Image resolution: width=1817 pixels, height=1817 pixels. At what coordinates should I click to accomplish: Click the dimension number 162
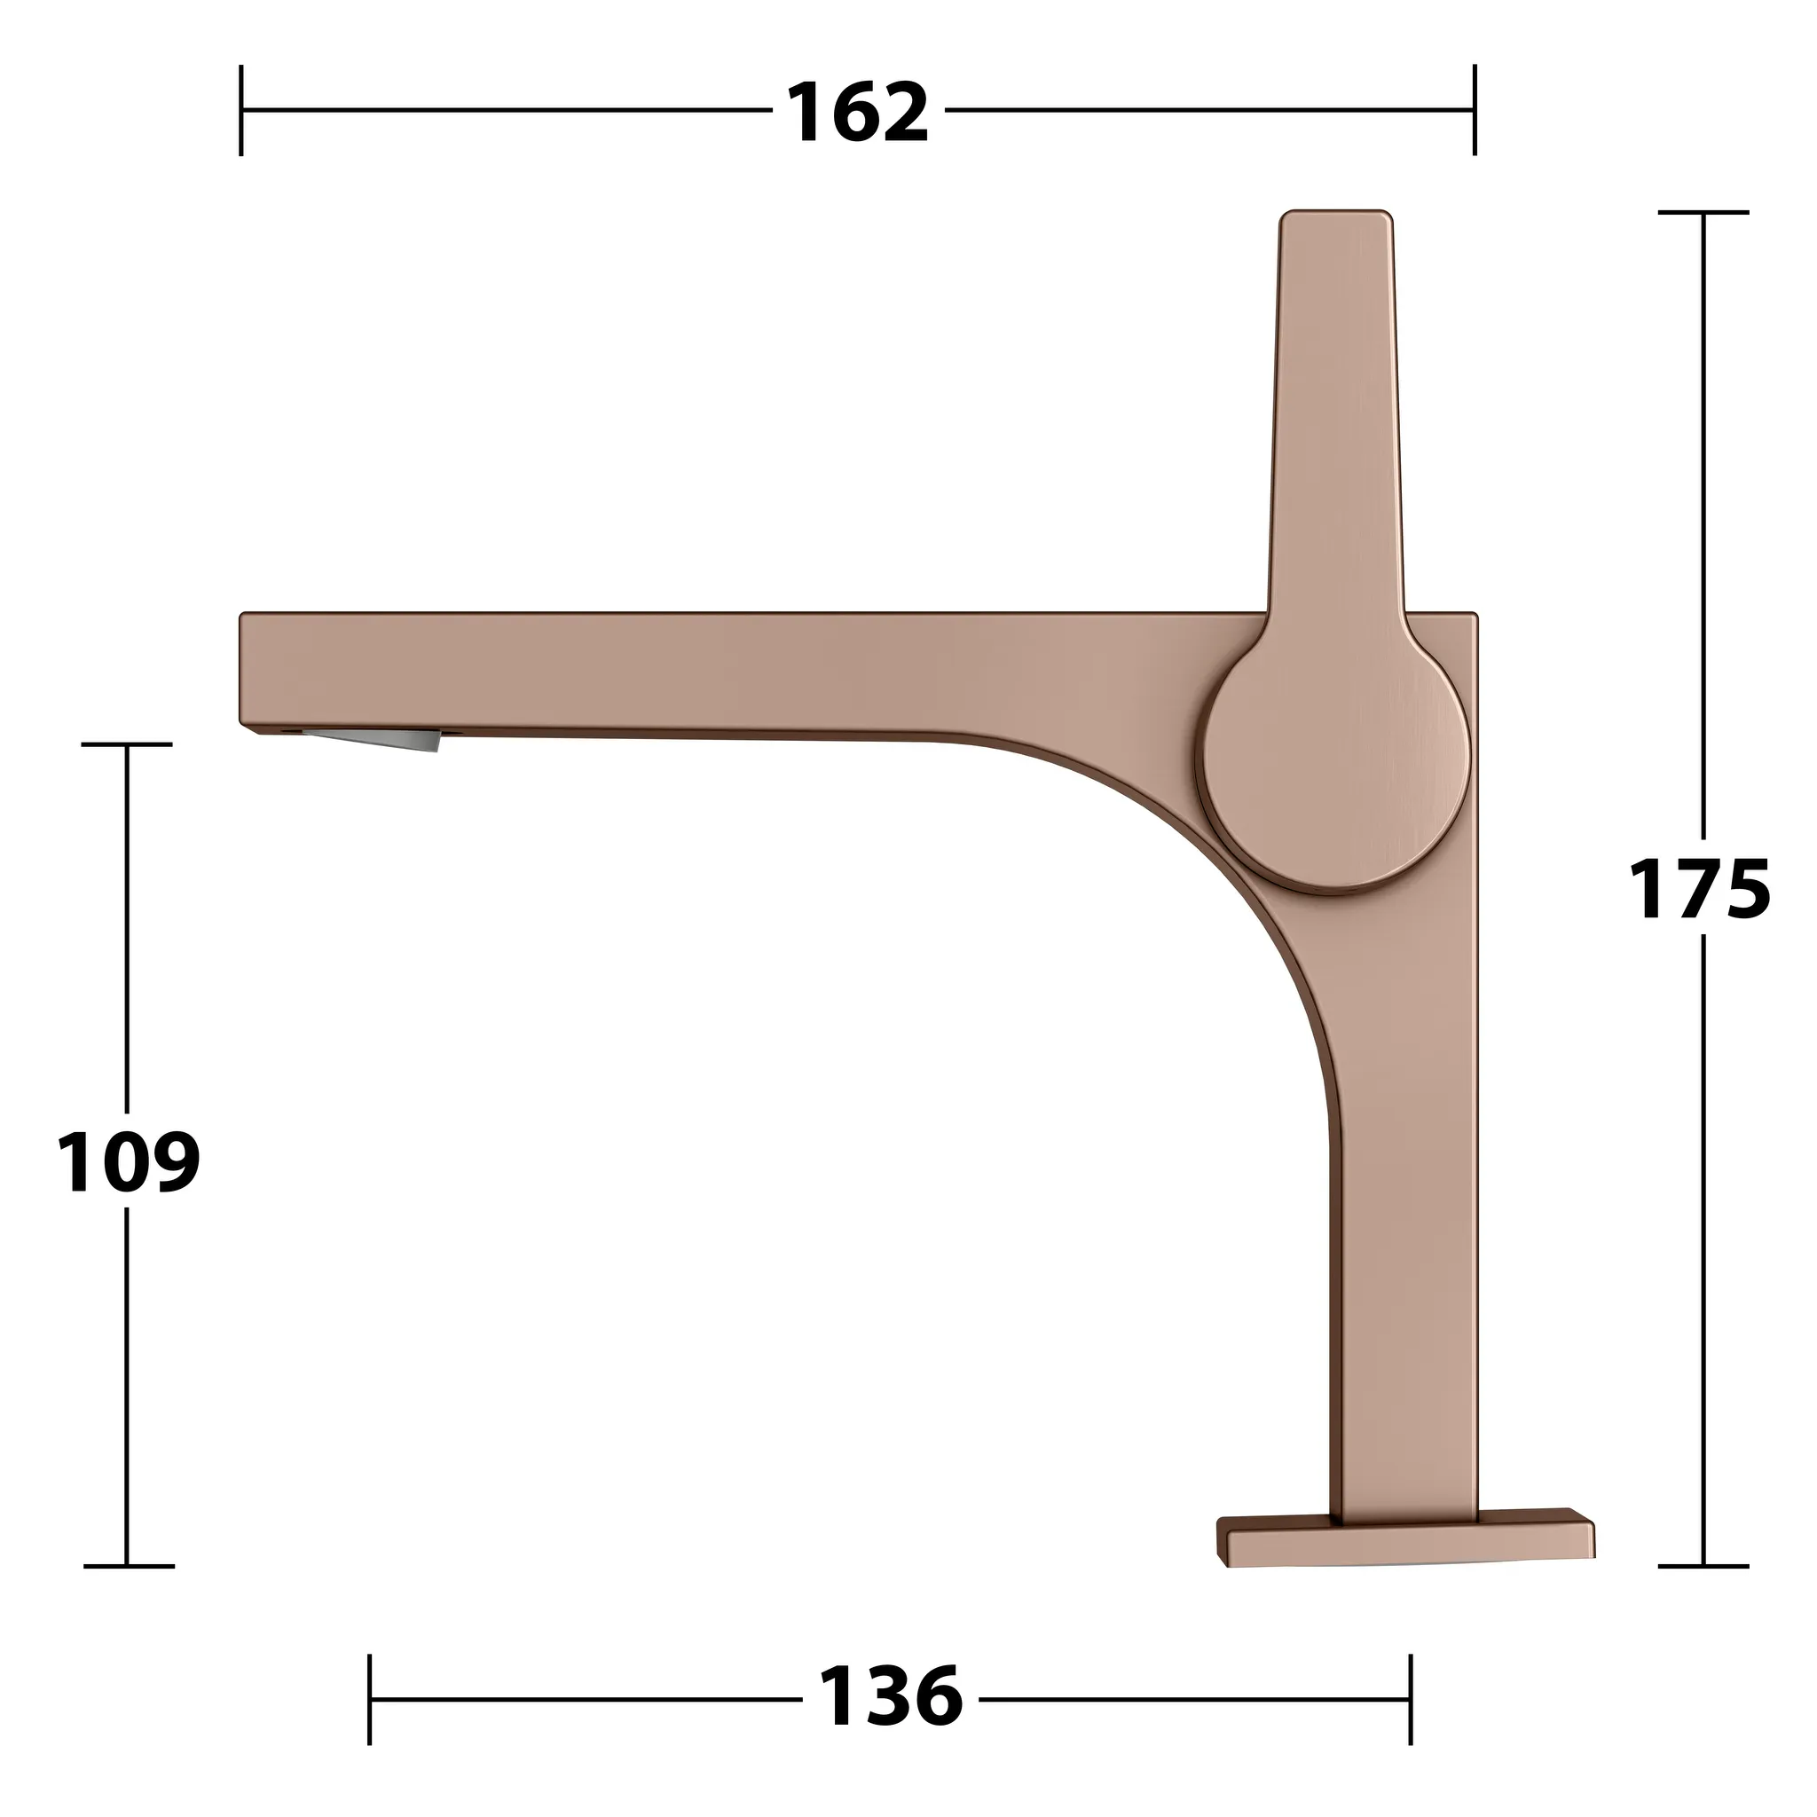pyautogui.click(x=857, y=113)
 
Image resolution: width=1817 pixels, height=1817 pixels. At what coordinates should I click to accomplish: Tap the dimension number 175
pyautogui.click(x=1699, y=889)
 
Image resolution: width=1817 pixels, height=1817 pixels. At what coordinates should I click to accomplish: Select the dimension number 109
pyautogui.click(x=128, y=1162)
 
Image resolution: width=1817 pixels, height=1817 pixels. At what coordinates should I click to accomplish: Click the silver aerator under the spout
pyautogui.click(x=376, y=738)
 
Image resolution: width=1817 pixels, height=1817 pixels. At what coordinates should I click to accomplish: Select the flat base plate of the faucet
pyautogui.click(x=1406, y=1544)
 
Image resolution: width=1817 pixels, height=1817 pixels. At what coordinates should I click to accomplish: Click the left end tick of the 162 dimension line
pyautogui.click(x=241, y=110)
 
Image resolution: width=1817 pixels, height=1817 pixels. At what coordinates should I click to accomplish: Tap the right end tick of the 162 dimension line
pyautogui.click(x=1474, y=110)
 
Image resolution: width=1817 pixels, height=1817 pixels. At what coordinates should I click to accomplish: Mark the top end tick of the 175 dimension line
pyautogui.click(x=1703, y=214)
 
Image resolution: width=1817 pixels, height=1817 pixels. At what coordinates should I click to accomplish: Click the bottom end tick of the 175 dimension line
pyautogui.click(x=1703, y=1566)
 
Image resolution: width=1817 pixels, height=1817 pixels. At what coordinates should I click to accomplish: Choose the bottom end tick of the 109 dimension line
pyautogui.click(x=128, y=1566)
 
